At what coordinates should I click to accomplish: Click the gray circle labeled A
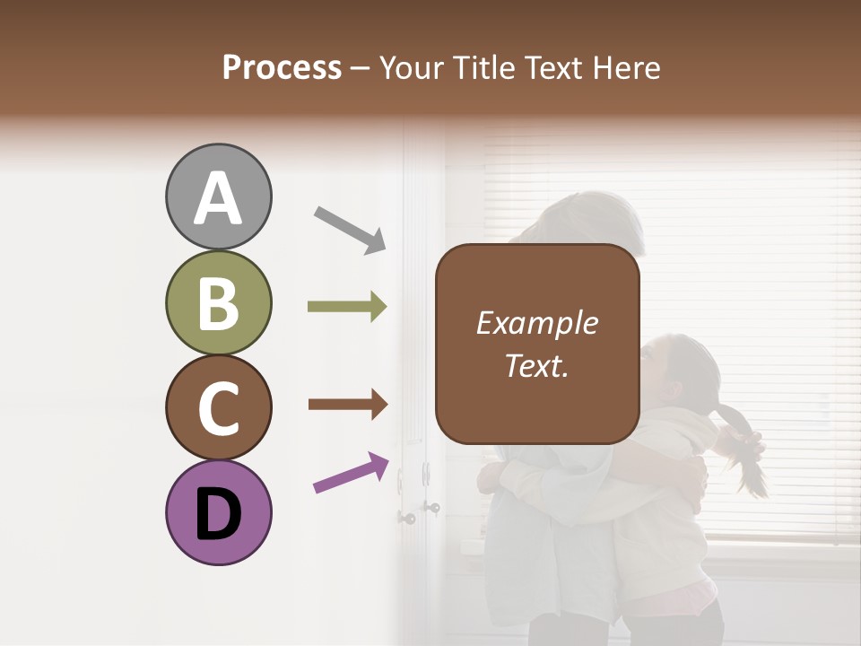point(219,197)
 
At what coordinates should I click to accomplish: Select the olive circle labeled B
point(219,303)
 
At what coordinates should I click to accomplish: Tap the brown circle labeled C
point(219,408)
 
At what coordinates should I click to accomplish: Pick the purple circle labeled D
point(219,512)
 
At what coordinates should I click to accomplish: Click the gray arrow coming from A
point(349,229)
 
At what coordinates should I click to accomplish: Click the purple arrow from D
point(351,473)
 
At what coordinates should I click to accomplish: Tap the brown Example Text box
point(537,345)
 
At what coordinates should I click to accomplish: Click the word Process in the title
point(282,67)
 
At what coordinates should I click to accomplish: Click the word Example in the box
point(536,323)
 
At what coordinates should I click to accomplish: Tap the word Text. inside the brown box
point(536,365)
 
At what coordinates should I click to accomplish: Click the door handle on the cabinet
point(407,518)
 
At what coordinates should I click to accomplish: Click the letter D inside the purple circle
point(219,514)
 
